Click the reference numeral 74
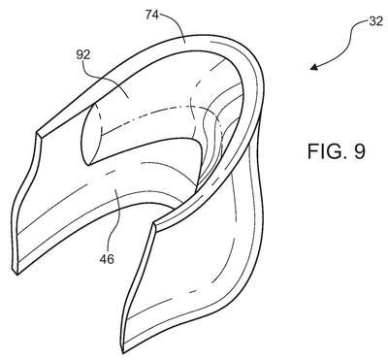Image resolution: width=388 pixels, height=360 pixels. (x=152, y=15)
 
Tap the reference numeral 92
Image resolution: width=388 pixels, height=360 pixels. (x=83, y=55)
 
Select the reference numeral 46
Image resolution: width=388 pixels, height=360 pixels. (x=107, y=259)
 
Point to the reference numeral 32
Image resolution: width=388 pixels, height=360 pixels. (x=375, y=21)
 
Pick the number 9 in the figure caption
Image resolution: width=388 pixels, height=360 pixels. (x=359, y=151)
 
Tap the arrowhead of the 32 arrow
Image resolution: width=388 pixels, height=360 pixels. (x=313, y=67)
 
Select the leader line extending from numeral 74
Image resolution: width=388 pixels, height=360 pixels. (x=178, y=22)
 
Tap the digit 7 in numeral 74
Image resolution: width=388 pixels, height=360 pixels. (x=148, y=15)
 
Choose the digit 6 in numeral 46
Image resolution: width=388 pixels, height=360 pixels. (x=111, y=259)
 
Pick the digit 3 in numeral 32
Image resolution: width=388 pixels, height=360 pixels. (x=372, y=21)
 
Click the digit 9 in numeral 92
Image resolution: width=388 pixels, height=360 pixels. (x=80, y=55)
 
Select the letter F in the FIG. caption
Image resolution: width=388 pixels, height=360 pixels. (x=312, y=151)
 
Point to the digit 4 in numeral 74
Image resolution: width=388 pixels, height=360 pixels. (x=155, y=15)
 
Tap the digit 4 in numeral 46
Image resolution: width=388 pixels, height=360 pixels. (x=104, y=259)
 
